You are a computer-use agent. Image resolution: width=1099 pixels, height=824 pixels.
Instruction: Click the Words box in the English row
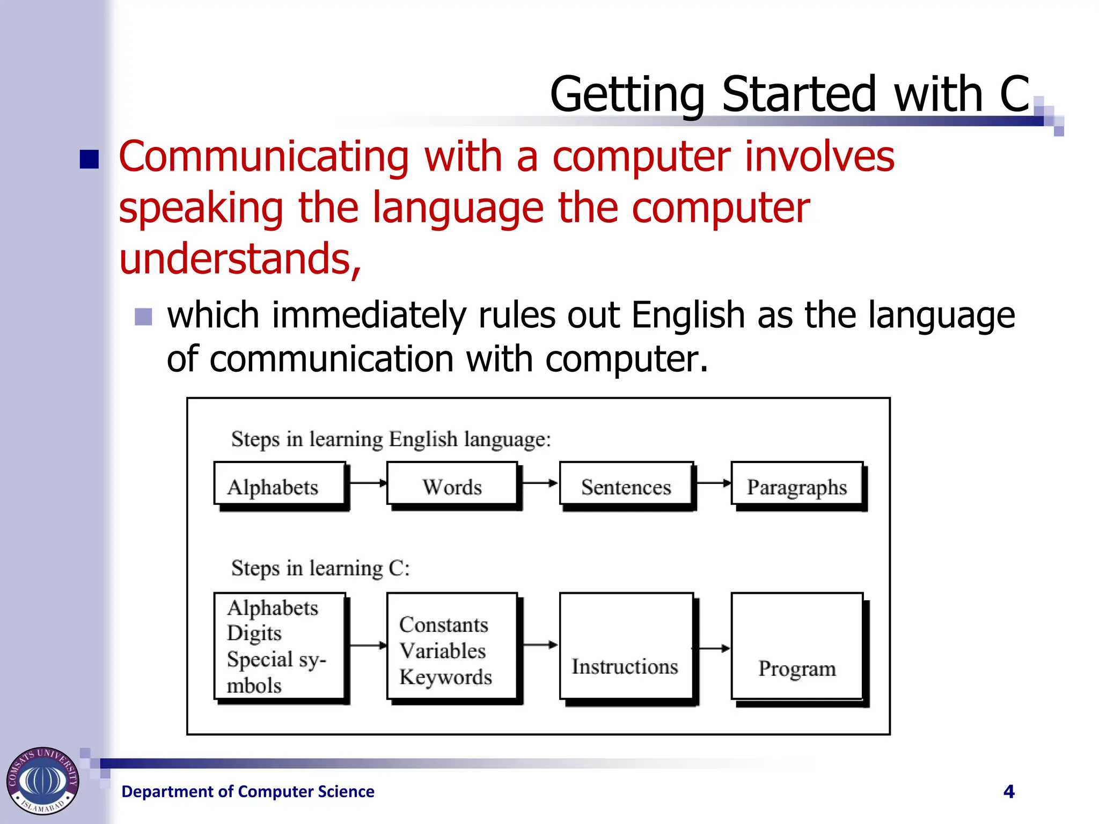click(452, 484)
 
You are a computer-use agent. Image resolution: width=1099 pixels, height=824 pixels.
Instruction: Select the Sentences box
click(626, 484)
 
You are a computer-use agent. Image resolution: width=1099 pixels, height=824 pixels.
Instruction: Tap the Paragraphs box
click(797, 484)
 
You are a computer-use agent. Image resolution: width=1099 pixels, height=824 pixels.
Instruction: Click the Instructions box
click(626, 646)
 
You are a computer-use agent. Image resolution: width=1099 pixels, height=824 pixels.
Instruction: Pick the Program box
click(797, 646)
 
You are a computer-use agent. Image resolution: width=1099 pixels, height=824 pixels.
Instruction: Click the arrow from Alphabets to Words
click(367, 483)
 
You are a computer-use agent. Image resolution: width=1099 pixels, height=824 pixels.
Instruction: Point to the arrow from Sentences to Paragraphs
click(712, 483)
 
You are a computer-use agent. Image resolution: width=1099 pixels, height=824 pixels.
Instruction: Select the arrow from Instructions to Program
click(712, 649)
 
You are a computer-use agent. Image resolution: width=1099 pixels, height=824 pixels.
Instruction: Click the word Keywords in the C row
click(445, 677)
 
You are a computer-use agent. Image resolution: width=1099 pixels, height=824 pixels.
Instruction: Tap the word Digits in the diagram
click(254, 634)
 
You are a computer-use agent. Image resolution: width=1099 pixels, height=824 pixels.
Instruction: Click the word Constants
click(444, 624)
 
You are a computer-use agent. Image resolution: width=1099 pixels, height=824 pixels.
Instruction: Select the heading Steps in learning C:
click(320, 568)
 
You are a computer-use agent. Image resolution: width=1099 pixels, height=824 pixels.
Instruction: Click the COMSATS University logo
click(43, 781)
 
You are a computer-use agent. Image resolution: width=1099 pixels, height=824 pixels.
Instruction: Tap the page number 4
click(1009, 791)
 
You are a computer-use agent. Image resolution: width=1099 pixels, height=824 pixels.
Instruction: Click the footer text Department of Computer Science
click(248, 791)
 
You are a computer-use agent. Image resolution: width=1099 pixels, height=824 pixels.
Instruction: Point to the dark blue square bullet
click(89, 159)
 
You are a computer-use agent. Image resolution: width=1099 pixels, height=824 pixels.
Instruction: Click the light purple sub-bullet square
click(143, 317)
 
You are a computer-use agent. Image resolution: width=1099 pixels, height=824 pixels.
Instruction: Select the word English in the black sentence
click(688, 315)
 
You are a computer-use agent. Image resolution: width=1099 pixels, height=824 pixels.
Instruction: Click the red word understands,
click(240, 259)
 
